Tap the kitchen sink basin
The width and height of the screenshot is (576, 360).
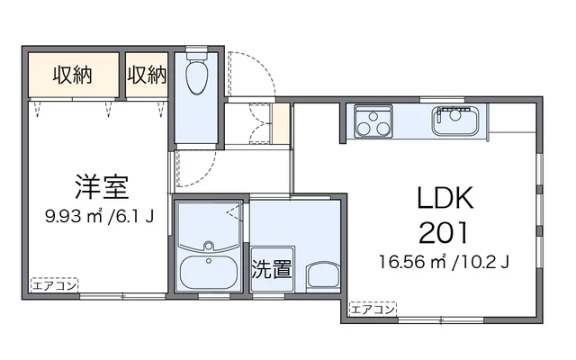coord(455,121)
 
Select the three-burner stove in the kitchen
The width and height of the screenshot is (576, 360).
coord(373,121)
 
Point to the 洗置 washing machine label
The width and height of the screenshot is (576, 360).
coord(272,269)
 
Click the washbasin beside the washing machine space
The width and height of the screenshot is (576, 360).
coord(322,275)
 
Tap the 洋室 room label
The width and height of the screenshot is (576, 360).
coord(102,187)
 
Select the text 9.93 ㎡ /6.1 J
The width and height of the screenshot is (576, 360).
coord(99,216)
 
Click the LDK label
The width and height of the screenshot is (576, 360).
coord(445,198)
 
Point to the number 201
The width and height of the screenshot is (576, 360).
coord(444,233)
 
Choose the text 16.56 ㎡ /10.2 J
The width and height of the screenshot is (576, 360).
coord(444,262)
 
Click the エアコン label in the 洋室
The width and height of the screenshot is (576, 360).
coord(54,285)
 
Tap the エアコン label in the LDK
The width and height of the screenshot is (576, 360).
coord(373,310)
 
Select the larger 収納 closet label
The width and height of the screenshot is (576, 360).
coord(72,75)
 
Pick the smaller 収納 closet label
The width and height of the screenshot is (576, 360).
coord(147,75)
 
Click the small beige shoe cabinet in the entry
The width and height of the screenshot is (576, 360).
coord(281,124)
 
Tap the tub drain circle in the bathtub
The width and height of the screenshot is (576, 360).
coord(209,261)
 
